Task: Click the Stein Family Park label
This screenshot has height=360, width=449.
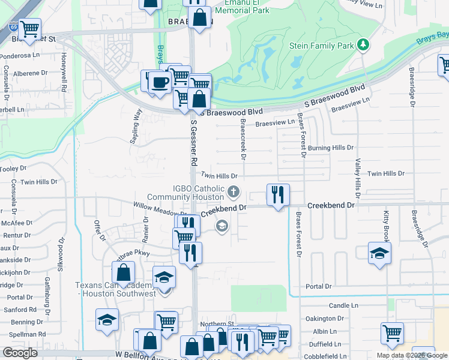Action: tap(322, 46)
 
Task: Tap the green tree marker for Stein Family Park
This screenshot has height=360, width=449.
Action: tap(363, 44)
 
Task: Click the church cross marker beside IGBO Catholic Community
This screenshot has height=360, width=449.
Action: tap(234, 193)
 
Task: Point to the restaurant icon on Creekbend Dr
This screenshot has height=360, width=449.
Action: tap(278, 195)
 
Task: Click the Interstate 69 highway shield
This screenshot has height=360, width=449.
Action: tap(13, 27)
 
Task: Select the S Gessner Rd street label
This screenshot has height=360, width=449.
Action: tap(193, 143)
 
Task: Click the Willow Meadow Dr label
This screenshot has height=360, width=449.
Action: tap(160, 209)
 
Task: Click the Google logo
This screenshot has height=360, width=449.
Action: tap(20, 353)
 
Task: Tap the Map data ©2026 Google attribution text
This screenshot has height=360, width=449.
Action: tap(411, 355)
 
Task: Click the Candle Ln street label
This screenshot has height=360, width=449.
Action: tap(343, 305)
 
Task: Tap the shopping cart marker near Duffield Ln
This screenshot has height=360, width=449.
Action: tap(392, 332)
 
